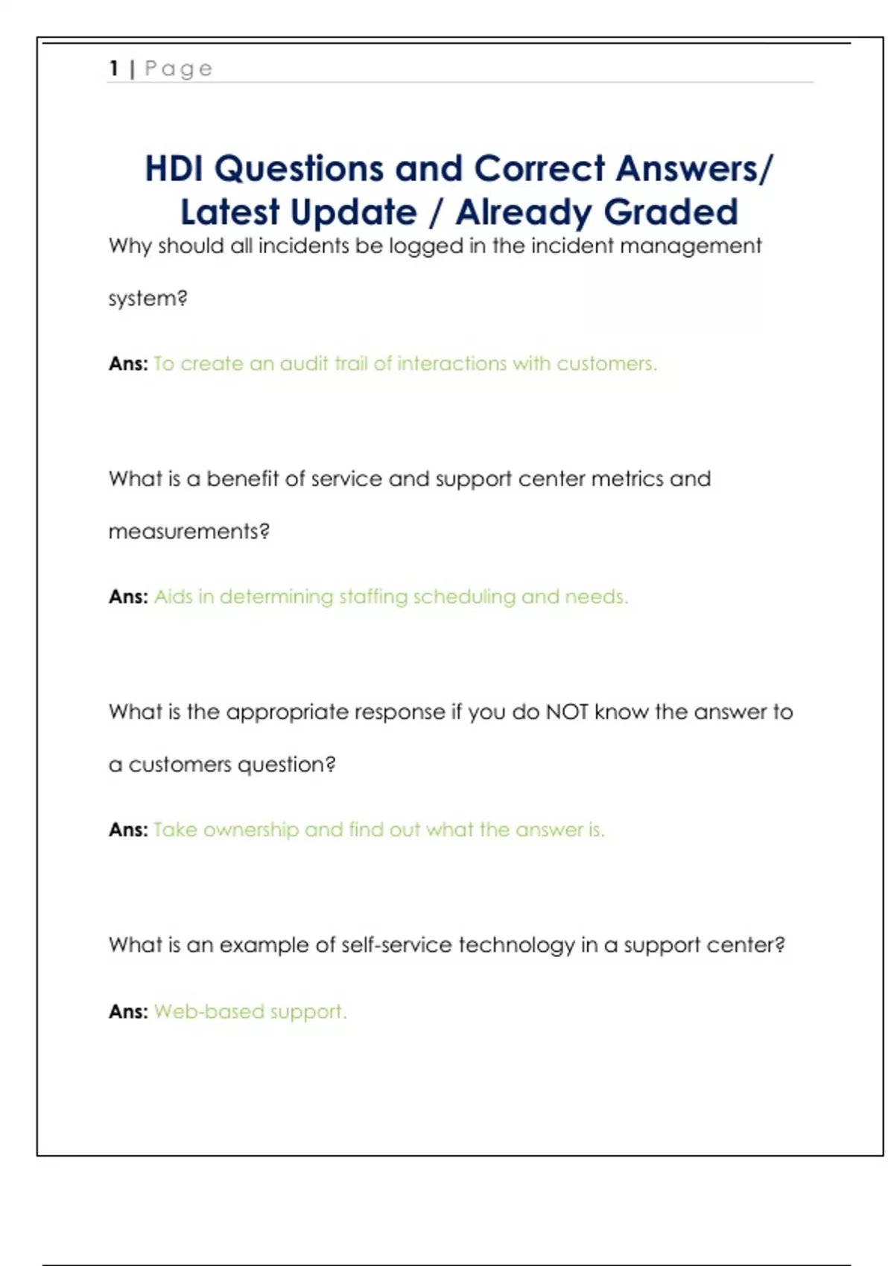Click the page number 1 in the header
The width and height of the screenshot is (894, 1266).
click(114, 69)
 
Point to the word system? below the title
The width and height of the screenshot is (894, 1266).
click(148, 299)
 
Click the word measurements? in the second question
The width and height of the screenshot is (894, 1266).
click(188, 532)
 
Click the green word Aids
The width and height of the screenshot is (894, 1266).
click(172, 597)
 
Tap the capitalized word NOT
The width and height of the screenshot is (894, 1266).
click(567, 712)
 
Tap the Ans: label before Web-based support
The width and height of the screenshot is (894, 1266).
click(128, 1011)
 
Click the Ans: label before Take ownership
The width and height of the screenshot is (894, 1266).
click(128, 830)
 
